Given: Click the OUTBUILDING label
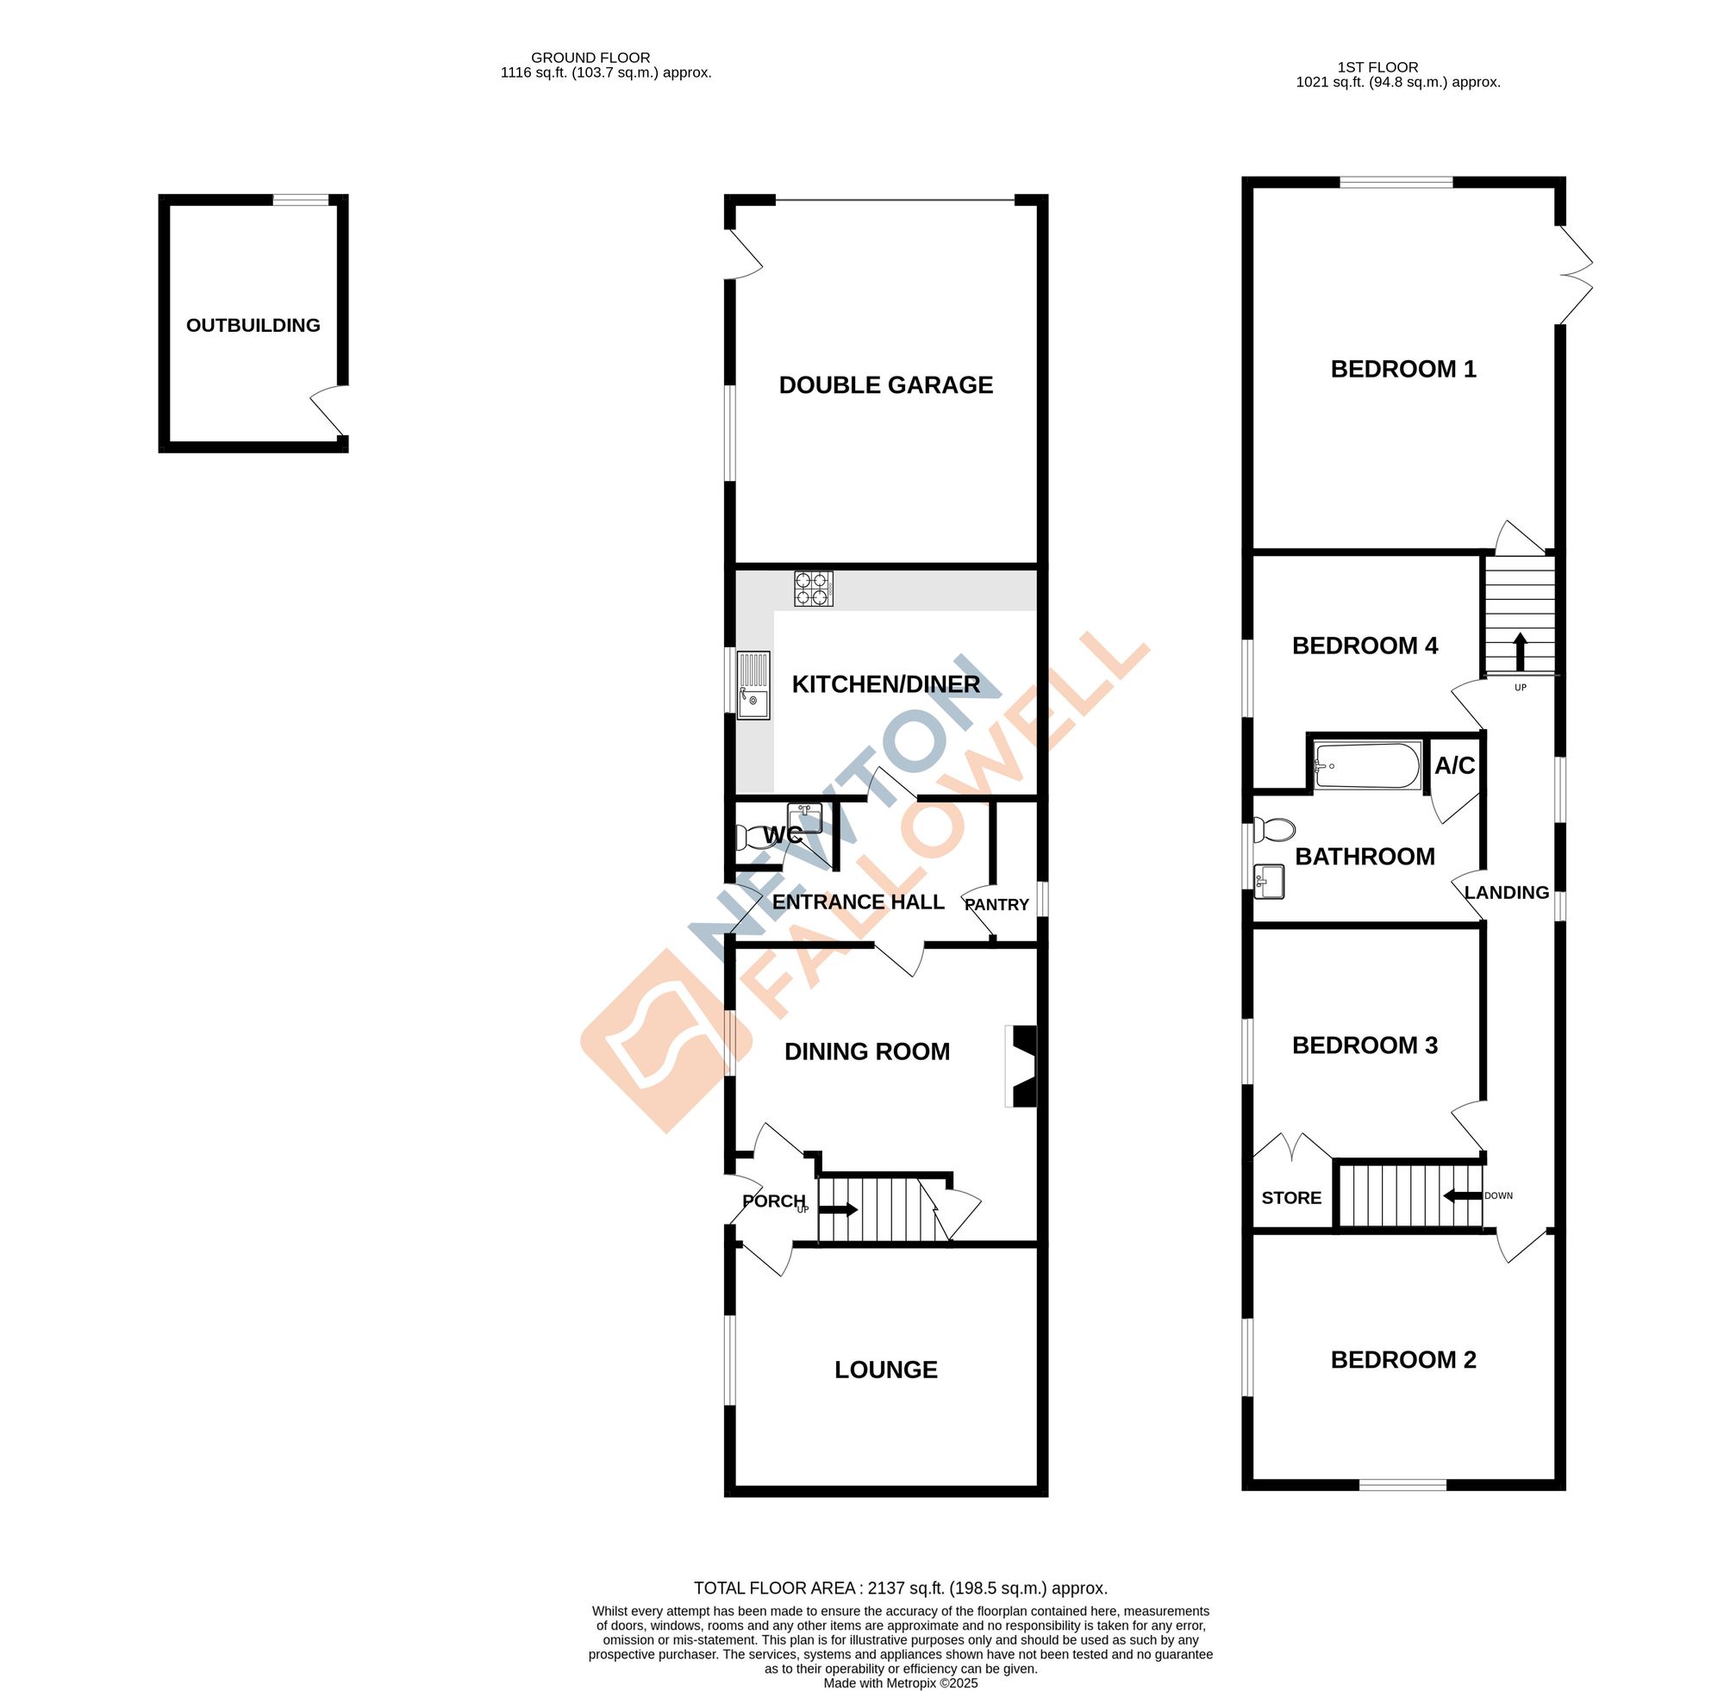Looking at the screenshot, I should pyautogui.click(x=253, y=325).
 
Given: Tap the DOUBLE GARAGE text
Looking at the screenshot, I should pyautogui.click(x=885, y=384).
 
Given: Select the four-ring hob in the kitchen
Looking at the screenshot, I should pyautogui.click(x=814, y=589).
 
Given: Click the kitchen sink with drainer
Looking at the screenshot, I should pyautogui.click(x=753, y=684).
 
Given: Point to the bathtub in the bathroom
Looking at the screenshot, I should pyautogui.click(x=1367, y=764).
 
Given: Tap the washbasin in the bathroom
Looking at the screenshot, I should pyautogui.click(x=1270, y=882).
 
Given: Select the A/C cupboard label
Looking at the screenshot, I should pyautogui.click(x=1455, y=764).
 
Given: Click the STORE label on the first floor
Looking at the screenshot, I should pyautogui.click(x=1291, y=1198).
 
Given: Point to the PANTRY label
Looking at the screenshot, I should pyautogui.click(x=996, y=904).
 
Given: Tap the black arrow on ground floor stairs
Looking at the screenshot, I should pyautogui.click(x=838, y=1209).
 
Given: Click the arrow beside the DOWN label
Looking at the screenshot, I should pyautogui.click(x=1462, y=1195).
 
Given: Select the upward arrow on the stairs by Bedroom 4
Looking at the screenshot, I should pyautogui.click(x=1520, y=651).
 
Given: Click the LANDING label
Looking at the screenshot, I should pyautogui.click(x=1507, y=893).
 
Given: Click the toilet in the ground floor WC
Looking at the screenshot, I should pyautogui.click(x=751, y=837).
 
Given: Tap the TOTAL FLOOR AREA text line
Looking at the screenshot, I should pyautogui.click(x=901, y=1588).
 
